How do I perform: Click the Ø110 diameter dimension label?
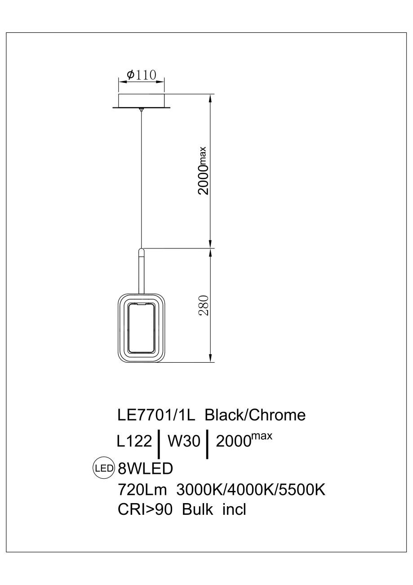(141, 75)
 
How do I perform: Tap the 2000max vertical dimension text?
(204, 171)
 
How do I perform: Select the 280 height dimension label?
(204, 306)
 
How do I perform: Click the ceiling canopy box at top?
(141, 100)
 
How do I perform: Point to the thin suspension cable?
(142, 180)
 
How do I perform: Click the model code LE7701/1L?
(156, 415)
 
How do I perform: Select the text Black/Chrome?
(255, 415)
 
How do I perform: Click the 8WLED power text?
(145, 468)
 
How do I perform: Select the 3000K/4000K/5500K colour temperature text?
(251, 490)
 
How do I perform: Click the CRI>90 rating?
(145, 510)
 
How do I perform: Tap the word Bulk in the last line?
(199, 510)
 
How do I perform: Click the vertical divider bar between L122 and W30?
(159, 444)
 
